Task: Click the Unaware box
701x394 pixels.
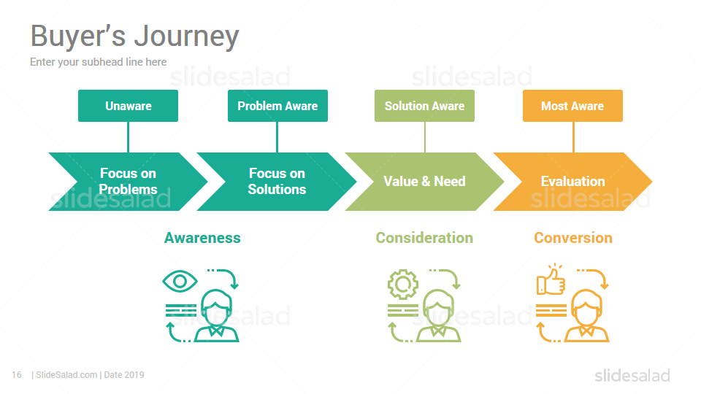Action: (128, 106)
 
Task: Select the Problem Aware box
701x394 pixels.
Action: (277, 106)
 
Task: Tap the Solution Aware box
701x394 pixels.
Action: (424, 106)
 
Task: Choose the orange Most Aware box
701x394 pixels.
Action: (572, 106)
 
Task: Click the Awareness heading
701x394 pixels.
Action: (202, 238)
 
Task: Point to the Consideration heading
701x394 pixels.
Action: (424, 238)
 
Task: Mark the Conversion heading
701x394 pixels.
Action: (573, 238)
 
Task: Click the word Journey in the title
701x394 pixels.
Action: (187, 36)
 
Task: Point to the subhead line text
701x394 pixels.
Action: (99, 62)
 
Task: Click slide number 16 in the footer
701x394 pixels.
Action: (17, 375)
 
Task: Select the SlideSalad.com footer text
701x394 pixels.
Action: (66, 375)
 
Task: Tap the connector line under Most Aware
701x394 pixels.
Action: (573, 137)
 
